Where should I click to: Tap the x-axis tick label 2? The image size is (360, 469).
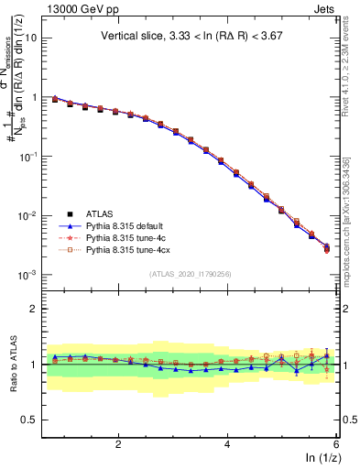(x=118, y=444)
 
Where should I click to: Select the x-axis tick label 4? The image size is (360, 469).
(x=227, y=444)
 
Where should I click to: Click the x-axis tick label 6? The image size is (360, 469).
(x=336, y=444)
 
